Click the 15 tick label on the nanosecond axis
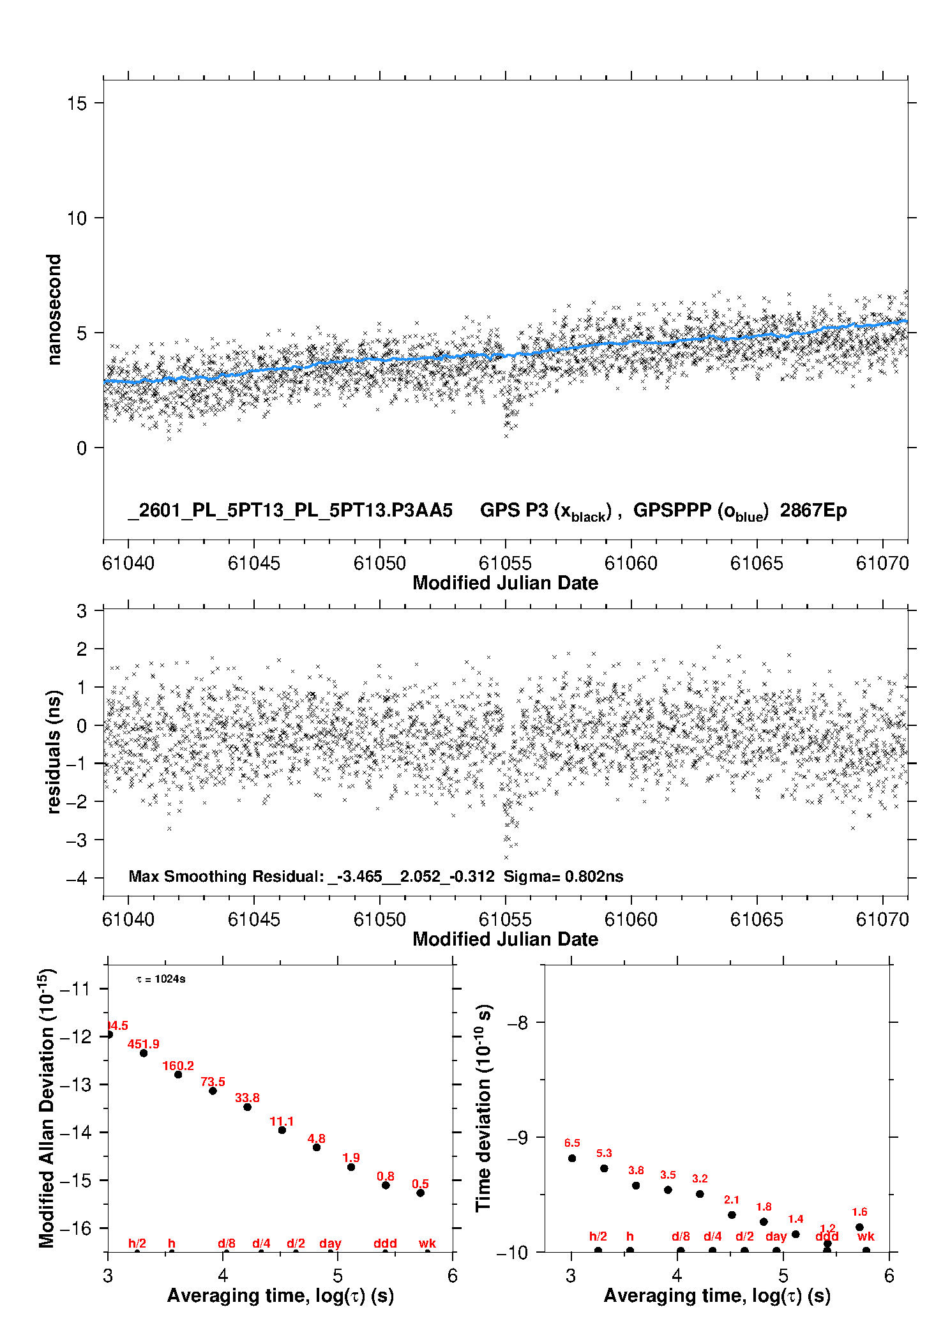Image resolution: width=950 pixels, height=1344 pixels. (x=77, y=103)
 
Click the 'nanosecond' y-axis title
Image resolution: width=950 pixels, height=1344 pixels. (x=54, y=309)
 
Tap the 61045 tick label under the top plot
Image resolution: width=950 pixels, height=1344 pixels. (x=253, y=563)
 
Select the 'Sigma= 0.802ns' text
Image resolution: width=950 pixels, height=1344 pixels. (x=563, y=876)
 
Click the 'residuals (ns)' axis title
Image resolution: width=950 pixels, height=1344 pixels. (x=54, y=751)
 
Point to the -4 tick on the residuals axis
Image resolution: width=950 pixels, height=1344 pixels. (x=77, y=879)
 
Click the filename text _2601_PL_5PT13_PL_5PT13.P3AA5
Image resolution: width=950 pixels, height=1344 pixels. (x=290, y=510)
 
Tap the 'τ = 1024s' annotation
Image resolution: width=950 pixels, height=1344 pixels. (x=161, y=979)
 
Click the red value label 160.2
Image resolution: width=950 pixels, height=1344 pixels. (x=178, y=1066)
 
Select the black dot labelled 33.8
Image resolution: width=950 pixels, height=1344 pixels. (x=247, y=1106)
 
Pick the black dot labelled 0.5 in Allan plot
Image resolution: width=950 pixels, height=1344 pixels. (x=420, y=1193)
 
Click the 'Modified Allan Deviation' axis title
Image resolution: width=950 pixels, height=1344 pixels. (x=47, y=1108)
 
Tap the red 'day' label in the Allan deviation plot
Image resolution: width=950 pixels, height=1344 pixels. (x=330, y=1243)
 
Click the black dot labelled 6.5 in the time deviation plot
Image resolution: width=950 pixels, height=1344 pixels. (x=572, y=1158)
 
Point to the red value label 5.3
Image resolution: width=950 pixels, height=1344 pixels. (x=604, y=1153)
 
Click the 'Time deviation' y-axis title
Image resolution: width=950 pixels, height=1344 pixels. (x=483, y=1108)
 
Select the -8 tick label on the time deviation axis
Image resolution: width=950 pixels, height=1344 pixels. (x=517, y=1023)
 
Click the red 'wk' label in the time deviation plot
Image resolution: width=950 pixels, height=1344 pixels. (x=866, y=1236)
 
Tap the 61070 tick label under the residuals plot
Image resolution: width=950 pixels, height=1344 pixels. (x=882, y=919)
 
